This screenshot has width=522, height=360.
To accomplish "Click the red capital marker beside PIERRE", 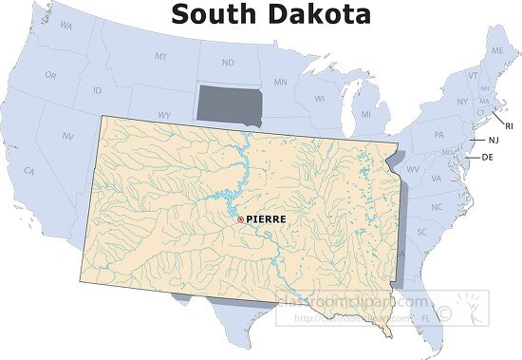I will coord(240,219).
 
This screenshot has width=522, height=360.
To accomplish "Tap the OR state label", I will coord(50,74).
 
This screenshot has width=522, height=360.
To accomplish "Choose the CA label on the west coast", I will coord(29,171).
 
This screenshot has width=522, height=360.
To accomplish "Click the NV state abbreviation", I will coord(67,137).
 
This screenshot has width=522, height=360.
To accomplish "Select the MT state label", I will coord(160,58).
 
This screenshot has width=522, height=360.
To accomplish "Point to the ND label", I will coord(228,64).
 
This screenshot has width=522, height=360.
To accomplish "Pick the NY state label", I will coord(462,102).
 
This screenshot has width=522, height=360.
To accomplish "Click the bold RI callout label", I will coord(509,125).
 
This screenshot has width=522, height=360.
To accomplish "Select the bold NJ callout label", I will coord(494,141).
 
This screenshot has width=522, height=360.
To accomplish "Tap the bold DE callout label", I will coord(488,158).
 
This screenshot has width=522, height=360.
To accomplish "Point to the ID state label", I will coord(97,90).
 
